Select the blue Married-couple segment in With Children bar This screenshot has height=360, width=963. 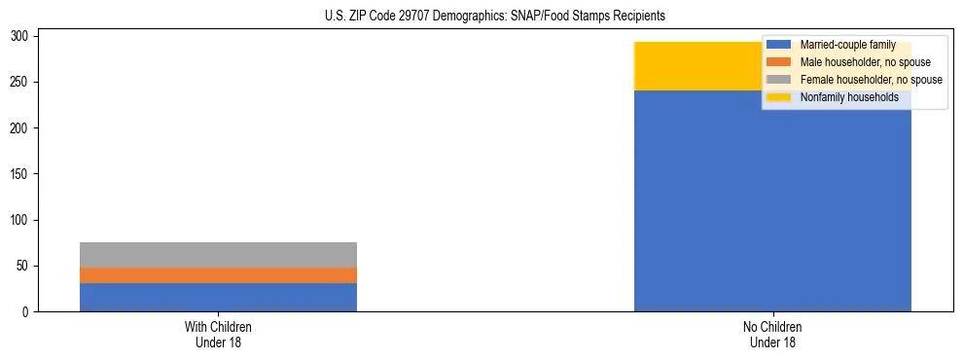coord(218,297)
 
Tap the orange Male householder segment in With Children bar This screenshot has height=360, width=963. coord(218,275)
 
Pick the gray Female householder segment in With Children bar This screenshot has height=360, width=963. coord(218,255)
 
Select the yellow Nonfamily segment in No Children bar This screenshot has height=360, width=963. coord(700,66)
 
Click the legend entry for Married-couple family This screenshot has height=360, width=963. coord(847,45)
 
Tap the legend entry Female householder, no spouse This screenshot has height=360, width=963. coord(871,80)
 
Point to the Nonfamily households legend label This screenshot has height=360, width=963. coord(849,97)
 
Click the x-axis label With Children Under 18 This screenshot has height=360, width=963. coord(218,334)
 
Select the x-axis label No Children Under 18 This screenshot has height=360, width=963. coord(772,334)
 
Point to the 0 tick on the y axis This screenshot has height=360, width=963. coord(26,312)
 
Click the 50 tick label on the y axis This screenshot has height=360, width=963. coord(23,266)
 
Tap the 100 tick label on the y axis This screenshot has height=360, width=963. coord(20,220)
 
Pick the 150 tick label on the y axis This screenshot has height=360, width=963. coord(20,174)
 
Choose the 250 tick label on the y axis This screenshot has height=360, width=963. coord(20,82)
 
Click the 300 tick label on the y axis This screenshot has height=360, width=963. coord(20,36)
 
